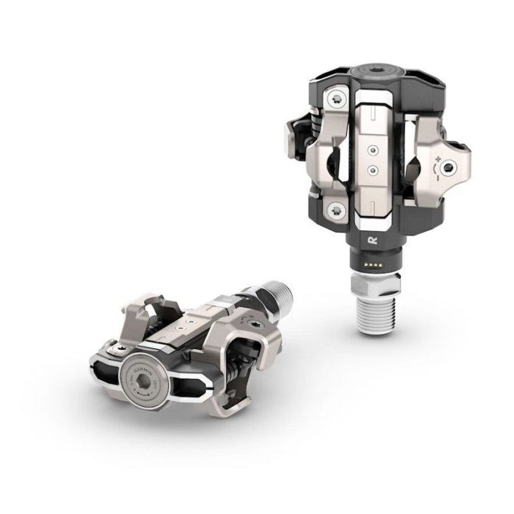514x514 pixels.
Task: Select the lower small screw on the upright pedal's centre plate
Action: [371, 170]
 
